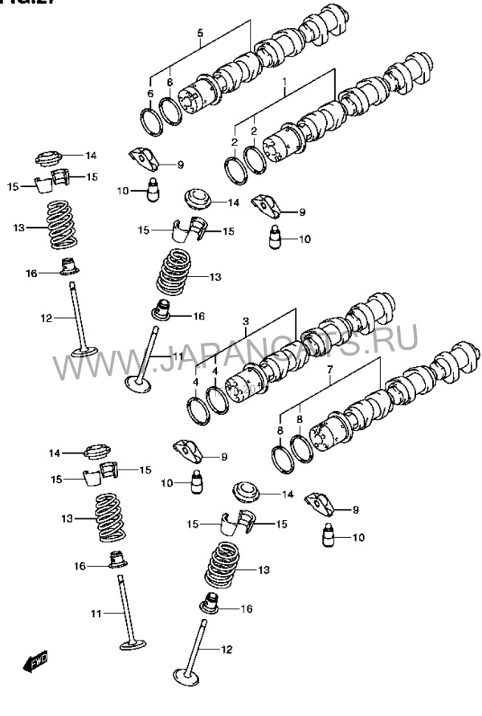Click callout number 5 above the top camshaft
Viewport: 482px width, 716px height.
pyautogui.click(x=201, y=33)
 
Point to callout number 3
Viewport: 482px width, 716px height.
pyautogui.click(x=246, y=322)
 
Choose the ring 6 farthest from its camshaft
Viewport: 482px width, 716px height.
pyautogui.click(x=149, y=120)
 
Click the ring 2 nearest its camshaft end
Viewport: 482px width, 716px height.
pyautogui.click(x=255, y=157)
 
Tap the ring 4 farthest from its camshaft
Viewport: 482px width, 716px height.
pyautogui.click(x=196, y=412)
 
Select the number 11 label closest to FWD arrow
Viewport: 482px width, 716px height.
pyautogui.click(x=96, y=614)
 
